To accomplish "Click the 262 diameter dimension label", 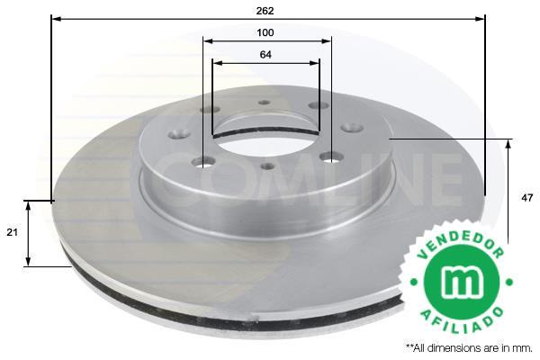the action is [265, 11].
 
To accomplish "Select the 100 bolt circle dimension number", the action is [265, 32].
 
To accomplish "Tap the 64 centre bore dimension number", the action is [265, 55].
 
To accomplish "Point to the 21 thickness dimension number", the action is [12, 232].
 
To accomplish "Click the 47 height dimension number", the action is [526, 198].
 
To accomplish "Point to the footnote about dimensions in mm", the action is [469, 348].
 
